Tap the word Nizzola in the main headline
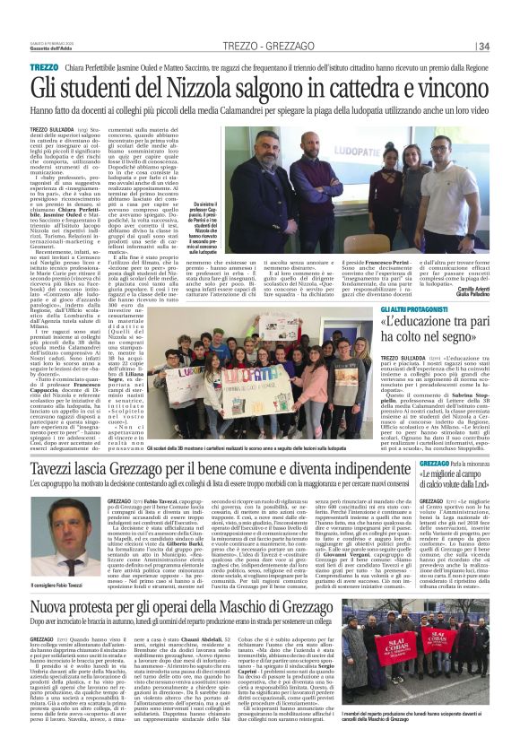click(x=179, y=87)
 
